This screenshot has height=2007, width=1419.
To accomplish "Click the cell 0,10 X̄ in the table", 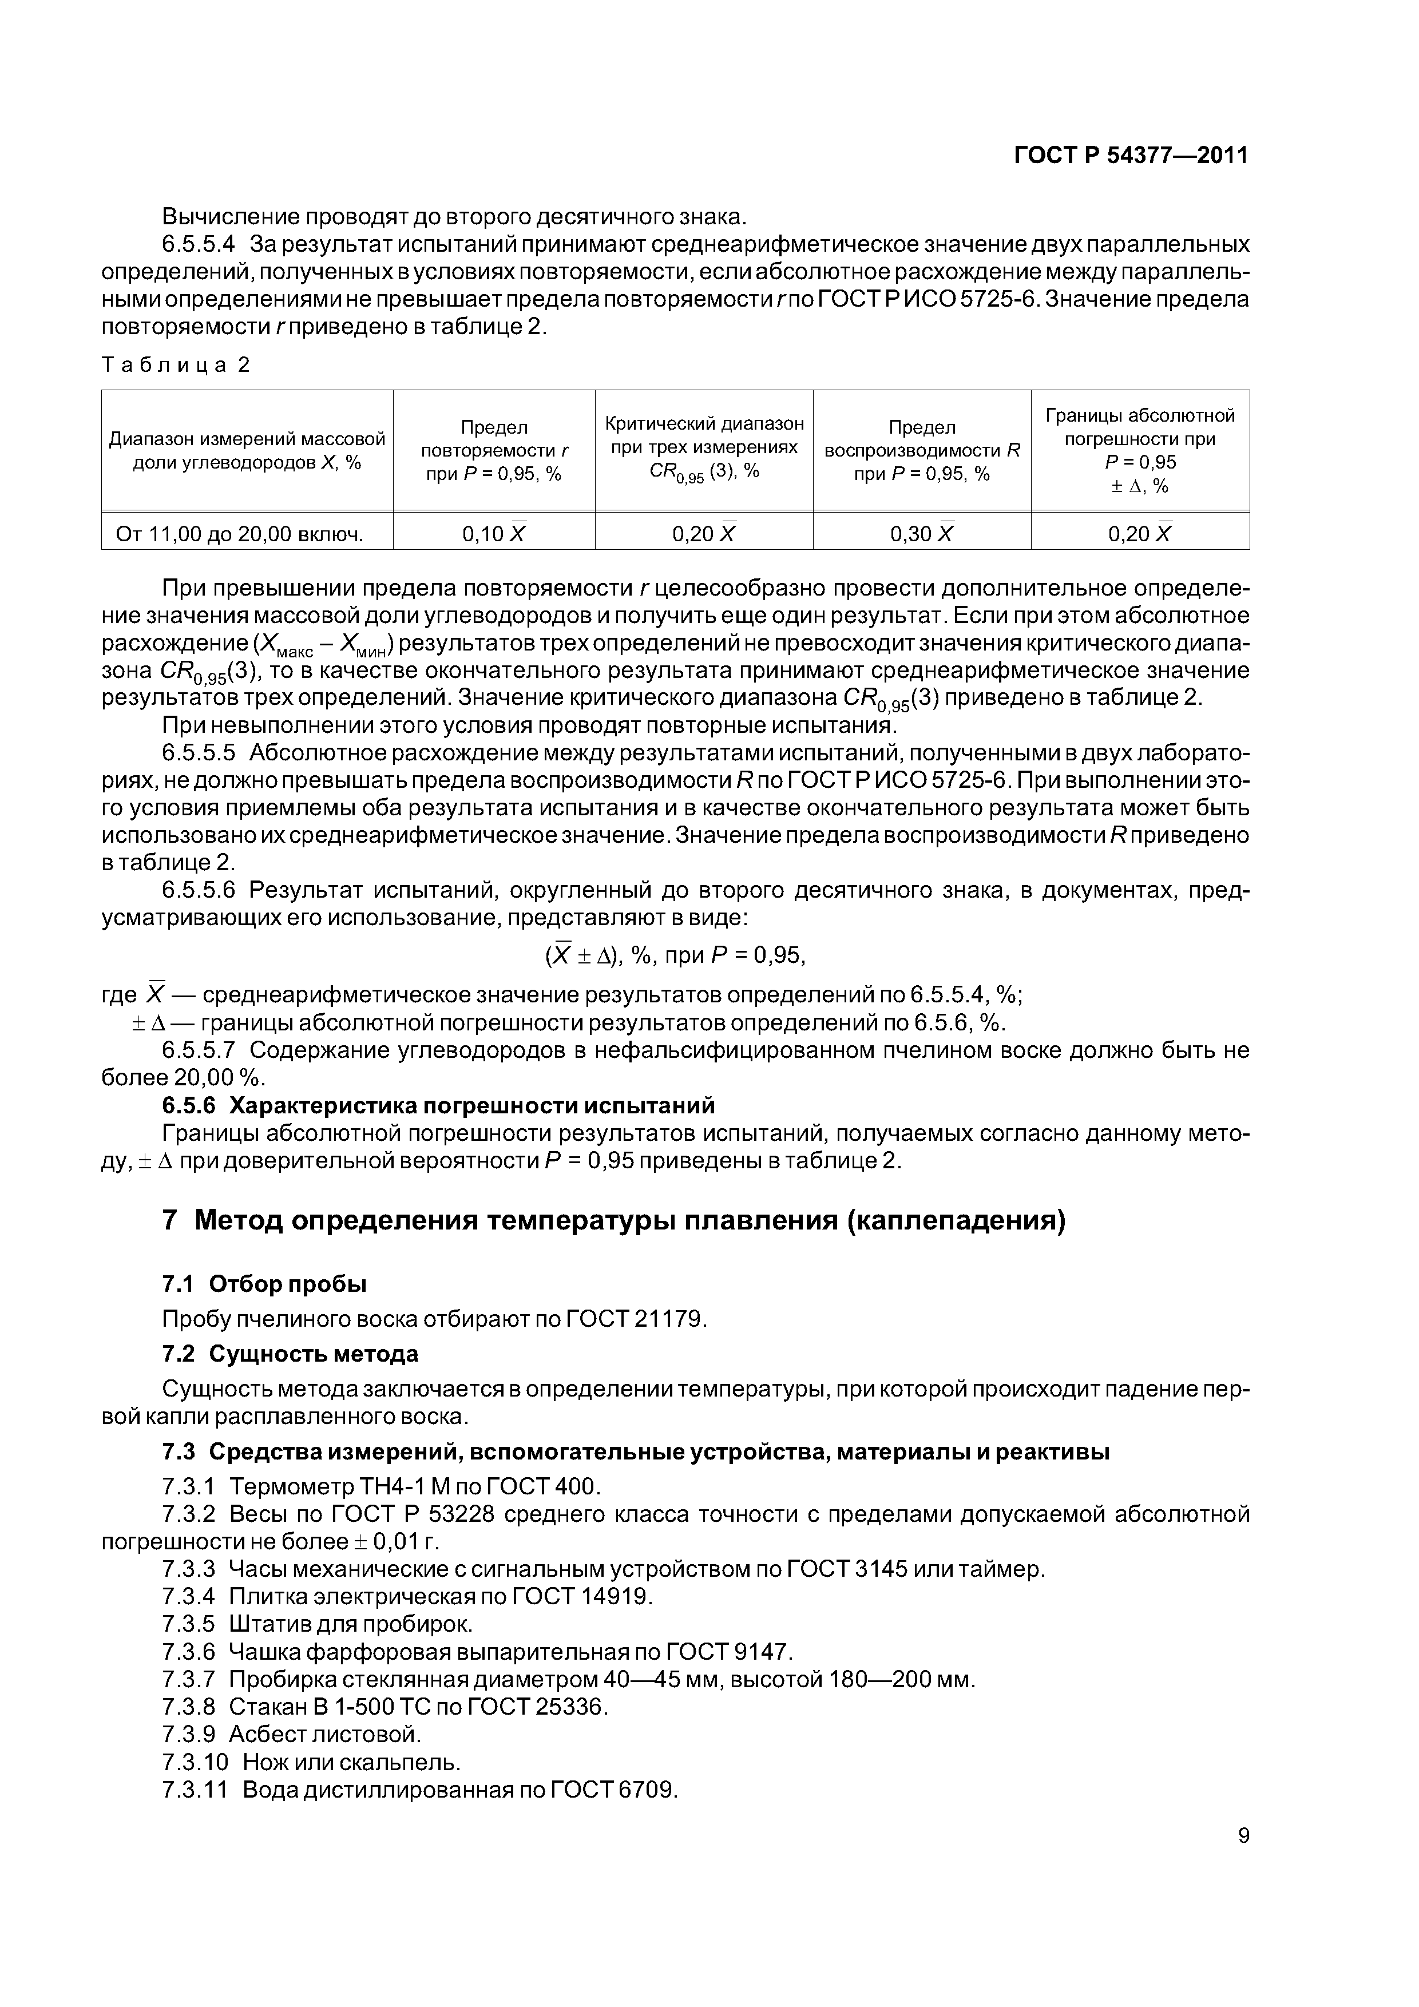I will click(494, 533).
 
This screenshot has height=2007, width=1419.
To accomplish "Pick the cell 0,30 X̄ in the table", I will click(922, 533).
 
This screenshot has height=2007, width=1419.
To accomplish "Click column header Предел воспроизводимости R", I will click(922, 450).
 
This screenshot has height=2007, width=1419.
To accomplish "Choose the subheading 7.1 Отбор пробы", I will click(264, 1283).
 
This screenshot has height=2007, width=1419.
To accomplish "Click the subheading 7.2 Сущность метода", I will click(290, 1353).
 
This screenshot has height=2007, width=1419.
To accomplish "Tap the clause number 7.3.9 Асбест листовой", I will click(188, 1734).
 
